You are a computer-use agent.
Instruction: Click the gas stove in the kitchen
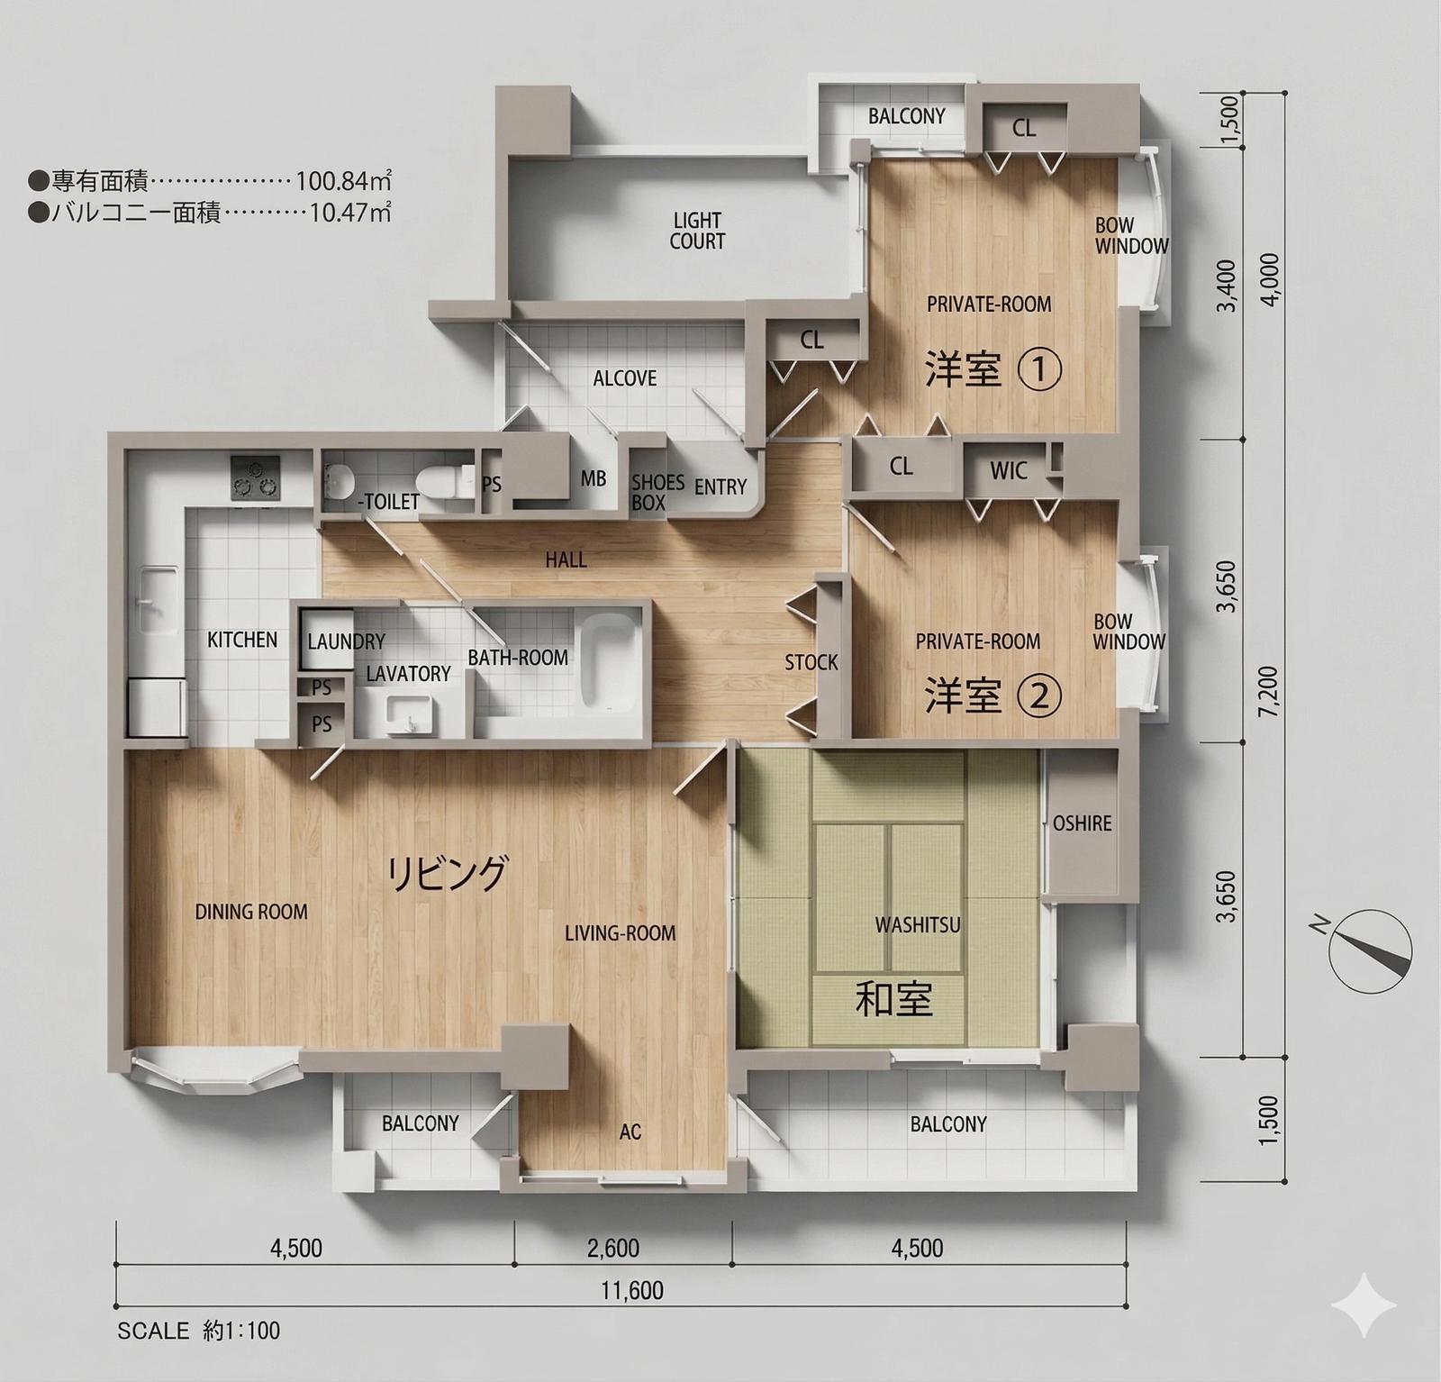pyautogui.click(x=256, y=477)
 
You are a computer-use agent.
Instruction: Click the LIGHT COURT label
pyautogui.click(x=697, y=231)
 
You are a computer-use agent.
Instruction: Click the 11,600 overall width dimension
pyautogui.click(x=632, y=1290)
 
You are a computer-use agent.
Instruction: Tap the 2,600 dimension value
pyautogui.click(x=613, y=1248)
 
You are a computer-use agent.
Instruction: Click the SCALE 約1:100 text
pyautogui.click(x=199, y=1331)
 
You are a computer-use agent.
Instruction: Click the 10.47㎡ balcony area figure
pyautogui.click(x=350, y=213)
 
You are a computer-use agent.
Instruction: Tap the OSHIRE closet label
pyautogui.click(x=1082, y=823)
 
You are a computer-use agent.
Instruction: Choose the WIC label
pyautogui.click(x=1009, y=470)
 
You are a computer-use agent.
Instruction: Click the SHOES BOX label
pyautogui.click(x=657, y=492)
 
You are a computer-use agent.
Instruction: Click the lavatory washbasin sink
pyautogui.click(x=409, y=716)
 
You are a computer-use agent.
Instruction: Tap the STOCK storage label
pyautogui.click(x=811, y=662)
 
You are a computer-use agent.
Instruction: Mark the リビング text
pyautogui.click(x=448, y=872)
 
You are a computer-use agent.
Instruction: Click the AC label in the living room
pyautogui.click(x=630, y=1131)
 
